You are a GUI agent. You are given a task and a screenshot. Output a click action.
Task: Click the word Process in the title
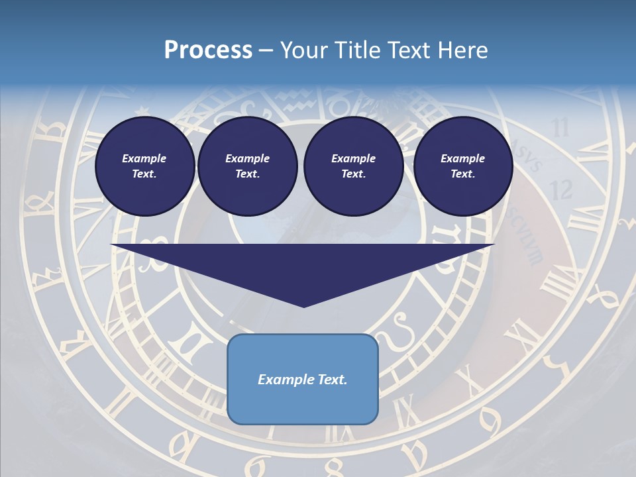pos(208,50)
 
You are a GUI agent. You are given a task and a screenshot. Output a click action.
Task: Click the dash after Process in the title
pos(266,51)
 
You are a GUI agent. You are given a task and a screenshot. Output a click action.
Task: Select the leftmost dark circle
pos(145,166)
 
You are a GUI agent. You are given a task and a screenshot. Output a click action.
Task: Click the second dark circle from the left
pos(248,166)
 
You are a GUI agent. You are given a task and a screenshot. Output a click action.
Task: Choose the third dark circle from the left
pos(354,166)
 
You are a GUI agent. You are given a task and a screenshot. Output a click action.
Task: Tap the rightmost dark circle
pos(463,166)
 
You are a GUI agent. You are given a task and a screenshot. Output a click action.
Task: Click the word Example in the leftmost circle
pos(144,158)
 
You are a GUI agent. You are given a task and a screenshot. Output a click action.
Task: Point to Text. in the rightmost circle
pos(463,174)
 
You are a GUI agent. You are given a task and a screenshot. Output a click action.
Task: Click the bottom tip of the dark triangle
pos(304,305)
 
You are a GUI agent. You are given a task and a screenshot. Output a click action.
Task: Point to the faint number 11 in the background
pos(560,127)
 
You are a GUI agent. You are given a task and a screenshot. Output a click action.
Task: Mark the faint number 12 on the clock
pos(561,190)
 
